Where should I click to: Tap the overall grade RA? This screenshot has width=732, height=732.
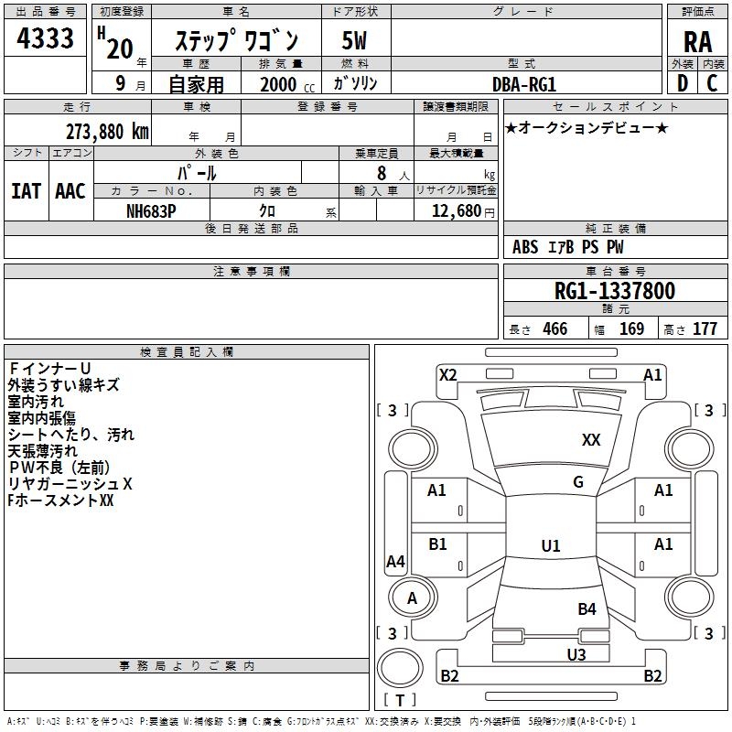[697, 40]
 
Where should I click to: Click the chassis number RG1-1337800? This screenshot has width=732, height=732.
[615, 291]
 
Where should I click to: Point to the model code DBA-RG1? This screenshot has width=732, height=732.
[524, 83]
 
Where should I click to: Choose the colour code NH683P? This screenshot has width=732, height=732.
[150, 210]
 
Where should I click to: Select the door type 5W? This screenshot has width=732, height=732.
[354, 41]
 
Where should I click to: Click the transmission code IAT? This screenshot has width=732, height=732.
[27, 190]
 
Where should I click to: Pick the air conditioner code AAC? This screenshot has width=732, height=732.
[70, 190]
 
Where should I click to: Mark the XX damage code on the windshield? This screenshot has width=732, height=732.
[591, 440]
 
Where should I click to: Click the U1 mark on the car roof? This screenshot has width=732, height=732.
[550, 546]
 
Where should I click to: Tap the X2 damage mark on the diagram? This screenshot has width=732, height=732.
[447, 374]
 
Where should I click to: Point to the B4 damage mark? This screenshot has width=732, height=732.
[587, 608]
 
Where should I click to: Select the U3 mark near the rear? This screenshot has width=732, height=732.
[576, 654]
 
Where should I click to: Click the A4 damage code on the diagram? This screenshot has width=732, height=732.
[395, 562]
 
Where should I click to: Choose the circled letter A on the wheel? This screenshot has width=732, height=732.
[412, 598]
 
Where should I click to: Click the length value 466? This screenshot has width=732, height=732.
[554, 329]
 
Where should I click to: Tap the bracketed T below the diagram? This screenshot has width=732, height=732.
[400, 701]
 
